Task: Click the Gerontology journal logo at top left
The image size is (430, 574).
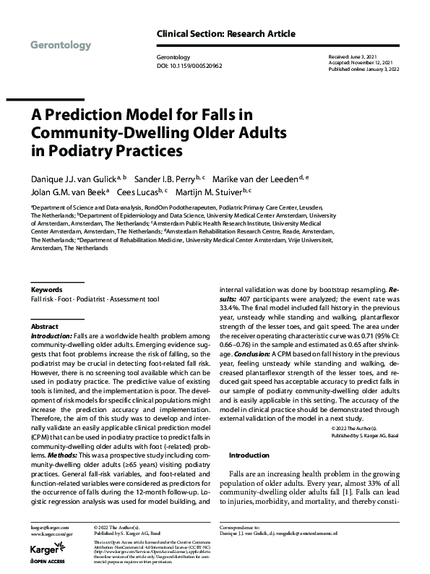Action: pyautogui.click(x=61, y=46)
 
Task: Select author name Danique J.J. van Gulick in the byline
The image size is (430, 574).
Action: pyautogui.click(x=69, y=178)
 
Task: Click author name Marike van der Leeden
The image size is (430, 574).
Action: pyautogui.click(x=262, y=178)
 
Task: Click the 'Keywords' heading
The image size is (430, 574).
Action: pyautogui.click(x=47, y=289)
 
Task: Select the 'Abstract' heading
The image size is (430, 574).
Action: pyautogui.click(x=44, y=327)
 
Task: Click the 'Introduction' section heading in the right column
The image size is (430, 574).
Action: pyautogui.click(x=249, y=456)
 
